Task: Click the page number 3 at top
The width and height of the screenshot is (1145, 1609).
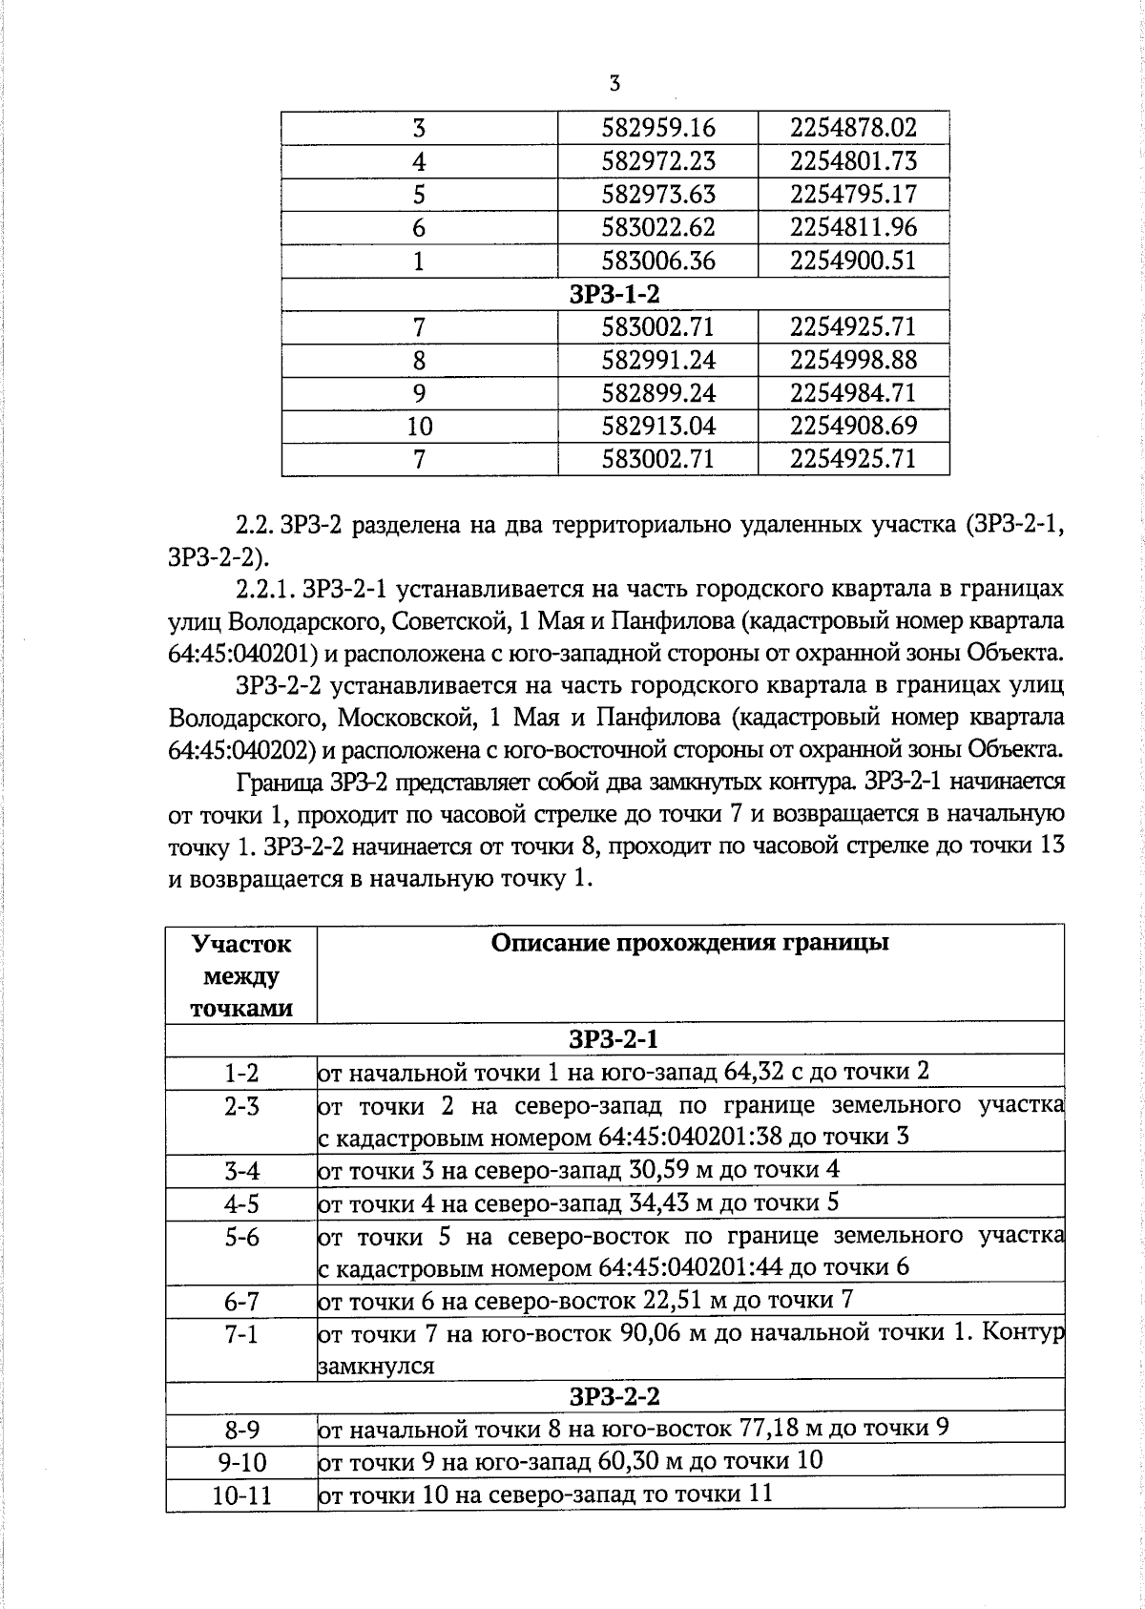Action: click(614, 83)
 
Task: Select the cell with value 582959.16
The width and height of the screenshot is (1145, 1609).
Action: click(658, 128)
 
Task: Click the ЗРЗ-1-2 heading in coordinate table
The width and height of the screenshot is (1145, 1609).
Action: click(614, 294)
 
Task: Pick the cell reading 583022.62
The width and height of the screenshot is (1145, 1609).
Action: click(658, 227)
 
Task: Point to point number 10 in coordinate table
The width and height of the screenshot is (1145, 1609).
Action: click(419, 427)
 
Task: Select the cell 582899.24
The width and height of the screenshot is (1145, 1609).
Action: click(658, 393)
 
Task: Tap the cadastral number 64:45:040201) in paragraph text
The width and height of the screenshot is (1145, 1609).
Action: click(243, 654)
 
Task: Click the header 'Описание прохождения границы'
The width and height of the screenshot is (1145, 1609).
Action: click(690, 943)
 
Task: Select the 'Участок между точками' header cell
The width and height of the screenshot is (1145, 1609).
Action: click(240, 975)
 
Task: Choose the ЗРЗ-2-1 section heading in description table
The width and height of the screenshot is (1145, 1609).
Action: click(614, 1038)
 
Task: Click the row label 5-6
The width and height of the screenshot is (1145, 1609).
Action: click(241, 1238)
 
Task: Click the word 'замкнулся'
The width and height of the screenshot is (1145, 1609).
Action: click(376, 1366)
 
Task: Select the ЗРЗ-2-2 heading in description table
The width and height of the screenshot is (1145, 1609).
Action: click(614, 1397)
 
